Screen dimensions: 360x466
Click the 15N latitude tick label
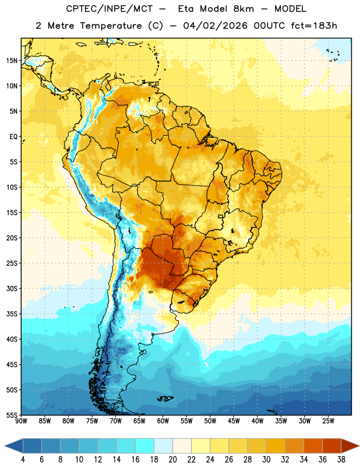(12, 61)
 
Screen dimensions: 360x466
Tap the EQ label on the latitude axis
(13, 137)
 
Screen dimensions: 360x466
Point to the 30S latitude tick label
(12, 288)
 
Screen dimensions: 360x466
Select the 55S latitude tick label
(12, 415)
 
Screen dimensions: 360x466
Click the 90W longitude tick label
(22, 421)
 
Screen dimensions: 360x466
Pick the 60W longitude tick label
(163, 421)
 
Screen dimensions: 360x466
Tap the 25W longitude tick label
(328, 421)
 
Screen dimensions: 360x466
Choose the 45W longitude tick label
(234, 421)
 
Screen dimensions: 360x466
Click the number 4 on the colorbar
(23, 460)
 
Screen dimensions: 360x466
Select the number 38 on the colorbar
(341, 460)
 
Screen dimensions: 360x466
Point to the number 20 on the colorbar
(172, 460)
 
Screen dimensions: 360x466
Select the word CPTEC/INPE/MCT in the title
(109, 9)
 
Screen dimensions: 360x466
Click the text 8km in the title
(243, 9)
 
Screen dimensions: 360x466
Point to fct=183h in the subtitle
(314, 26)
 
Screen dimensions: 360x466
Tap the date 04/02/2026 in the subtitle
(215, 26)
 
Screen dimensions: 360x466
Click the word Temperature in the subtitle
(111, 26)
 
